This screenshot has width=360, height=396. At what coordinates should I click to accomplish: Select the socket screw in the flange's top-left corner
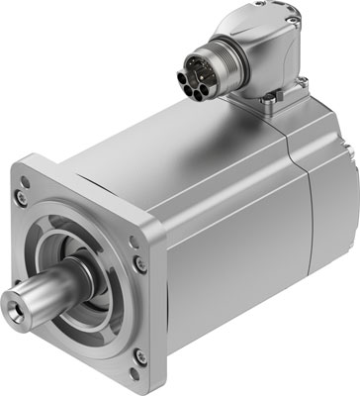click(51, 187)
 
